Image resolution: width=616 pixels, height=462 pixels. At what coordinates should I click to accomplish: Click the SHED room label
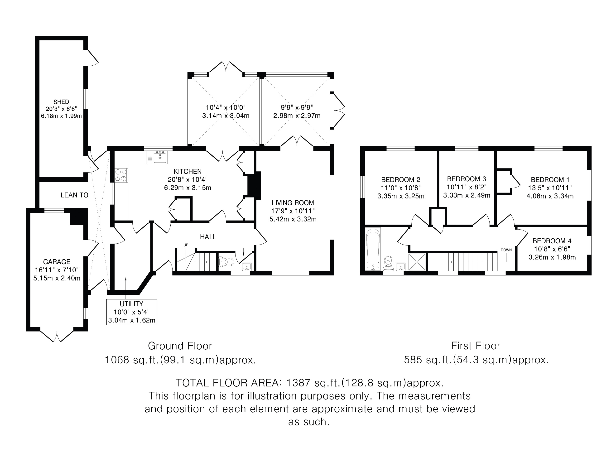point(61,102)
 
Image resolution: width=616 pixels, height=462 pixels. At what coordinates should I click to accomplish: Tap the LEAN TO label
point(74,195)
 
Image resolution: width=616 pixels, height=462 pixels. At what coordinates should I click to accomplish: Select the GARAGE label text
point(57,262)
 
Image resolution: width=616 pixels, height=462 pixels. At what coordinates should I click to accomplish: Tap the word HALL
point(208,237)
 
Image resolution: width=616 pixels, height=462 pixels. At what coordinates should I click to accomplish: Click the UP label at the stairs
point(186,245)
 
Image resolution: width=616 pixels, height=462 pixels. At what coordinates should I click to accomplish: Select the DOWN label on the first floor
point(506,250)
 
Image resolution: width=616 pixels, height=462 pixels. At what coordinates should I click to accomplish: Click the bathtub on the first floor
point(373,249)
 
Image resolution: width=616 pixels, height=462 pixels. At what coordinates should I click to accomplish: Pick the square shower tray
point(417,262)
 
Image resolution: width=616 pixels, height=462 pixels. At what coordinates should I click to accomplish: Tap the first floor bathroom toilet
point(388,263)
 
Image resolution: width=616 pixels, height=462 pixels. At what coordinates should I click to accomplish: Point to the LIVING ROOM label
point(293,203)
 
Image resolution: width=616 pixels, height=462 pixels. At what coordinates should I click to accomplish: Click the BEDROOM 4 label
point(552,241)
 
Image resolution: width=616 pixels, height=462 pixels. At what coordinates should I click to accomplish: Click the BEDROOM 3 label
point(467,179)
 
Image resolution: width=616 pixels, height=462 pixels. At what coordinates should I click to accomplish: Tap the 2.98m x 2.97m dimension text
point(297,115)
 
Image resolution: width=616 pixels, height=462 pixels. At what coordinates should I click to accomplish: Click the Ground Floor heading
point(180,346)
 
